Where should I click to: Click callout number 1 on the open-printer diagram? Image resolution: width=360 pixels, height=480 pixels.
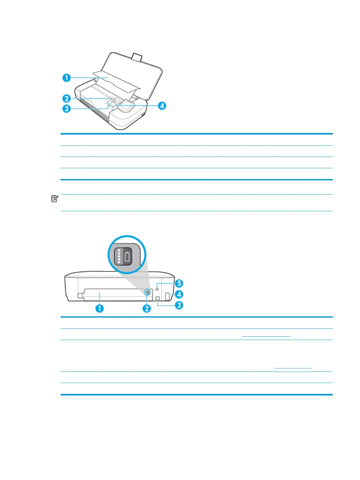(x=67, y=78)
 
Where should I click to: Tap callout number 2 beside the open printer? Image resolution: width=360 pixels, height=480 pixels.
(x=67, y=98)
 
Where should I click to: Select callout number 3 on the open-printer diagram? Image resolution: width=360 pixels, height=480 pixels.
(x=67, y=108)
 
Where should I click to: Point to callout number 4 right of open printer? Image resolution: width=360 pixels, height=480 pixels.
(x=162, y=106)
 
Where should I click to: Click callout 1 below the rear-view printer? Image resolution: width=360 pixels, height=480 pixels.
(x=100, y=308)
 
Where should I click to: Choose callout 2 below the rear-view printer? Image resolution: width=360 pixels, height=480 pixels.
(x=147, y=308)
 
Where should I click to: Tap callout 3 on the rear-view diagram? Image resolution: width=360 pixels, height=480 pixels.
(x=179, y=305)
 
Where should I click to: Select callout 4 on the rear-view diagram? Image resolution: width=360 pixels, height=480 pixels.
(x=179, y=294)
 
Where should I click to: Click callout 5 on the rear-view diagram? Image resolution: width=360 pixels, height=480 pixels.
(x=179, y=283)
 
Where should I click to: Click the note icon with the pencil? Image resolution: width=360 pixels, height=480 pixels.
(x=55, y=199)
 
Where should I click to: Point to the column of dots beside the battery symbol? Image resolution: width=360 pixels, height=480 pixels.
(x=119, y=256)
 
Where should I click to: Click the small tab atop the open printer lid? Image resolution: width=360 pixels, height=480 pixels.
(x=137, y=56)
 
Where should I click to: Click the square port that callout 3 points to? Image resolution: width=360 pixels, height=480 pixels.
(x=157, y=298)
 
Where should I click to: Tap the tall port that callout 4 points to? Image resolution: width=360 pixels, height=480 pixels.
(x=167, y=296)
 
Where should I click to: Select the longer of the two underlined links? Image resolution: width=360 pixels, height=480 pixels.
(x=266, y=336)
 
